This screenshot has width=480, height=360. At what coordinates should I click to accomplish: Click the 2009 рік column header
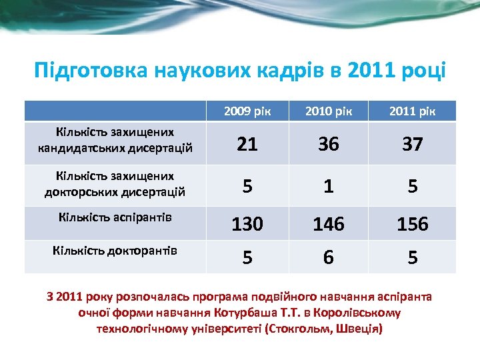pos(247,111)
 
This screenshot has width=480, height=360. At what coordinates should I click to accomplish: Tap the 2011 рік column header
pos(413,111)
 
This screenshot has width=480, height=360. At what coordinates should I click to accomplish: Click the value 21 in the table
pos(247,143)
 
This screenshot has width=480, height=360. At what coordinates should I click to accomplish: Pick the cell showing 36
pos(329,143)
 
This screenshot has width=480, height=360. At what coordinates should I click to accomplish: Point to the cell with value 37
pos(413,143)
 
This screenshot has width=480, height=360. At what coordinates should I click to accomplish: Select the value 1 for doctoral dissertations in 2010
pos(329,187)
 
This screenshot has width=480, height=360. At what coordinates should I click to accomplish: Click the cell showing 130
pos(247,225)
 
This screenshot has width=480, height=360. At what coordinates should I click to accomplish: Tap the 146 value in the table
pos(329,225)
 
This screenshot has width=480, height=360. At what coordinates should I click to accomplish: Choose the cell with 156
pos(413,225)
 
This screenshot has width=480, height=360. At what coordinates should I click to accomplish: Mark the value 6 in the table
pos(329,256)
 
